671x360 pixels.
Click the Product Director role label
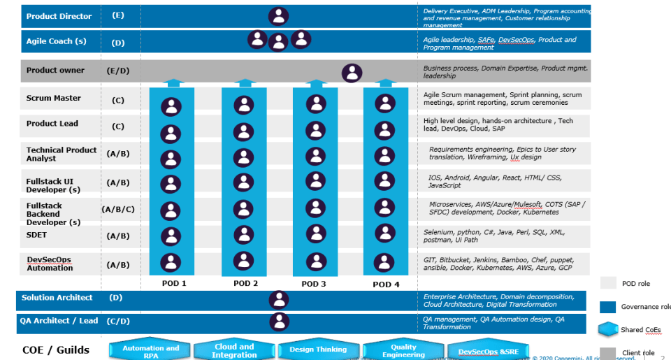click(x=59, y=16)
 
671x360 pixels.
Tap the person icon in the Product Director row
click(x=279, y=16)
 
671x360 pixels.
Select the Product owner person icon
click(x=352, y=73)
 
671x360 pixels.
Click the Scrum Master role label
click(x=54, y=99)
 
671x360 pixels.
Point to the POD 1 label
click(x=173, y=283)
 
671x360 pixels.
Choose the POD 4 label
click(x=387, y=284)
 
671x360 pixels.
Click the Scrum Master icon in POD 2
click(x=244, y=106)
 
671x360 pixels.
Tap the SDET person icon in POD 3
click(x=315, y=234)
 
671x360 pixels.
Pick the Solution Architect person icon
click(x=279, y=300)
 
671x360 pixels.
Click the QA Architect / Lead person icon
click(x=279, y=322)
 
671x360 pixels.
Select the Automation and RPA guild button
click(x=150, y=351)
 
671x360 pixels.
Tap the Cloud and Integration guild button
click(x=234, y=351)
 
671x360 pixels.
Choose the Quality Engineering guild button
click(x=403, y=351)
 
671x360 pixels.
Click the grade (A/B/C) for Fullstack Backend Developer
click(x=118, y=209)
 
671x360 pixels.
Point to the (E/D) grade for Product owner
click(x=117, y=71)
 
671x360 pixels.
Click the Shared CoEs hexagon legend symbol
click(x=609, y=329)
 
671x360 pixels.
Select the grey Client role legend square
click(x=608, y=353)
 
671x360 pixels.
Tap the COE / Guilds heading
click(x=55, y=349)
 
